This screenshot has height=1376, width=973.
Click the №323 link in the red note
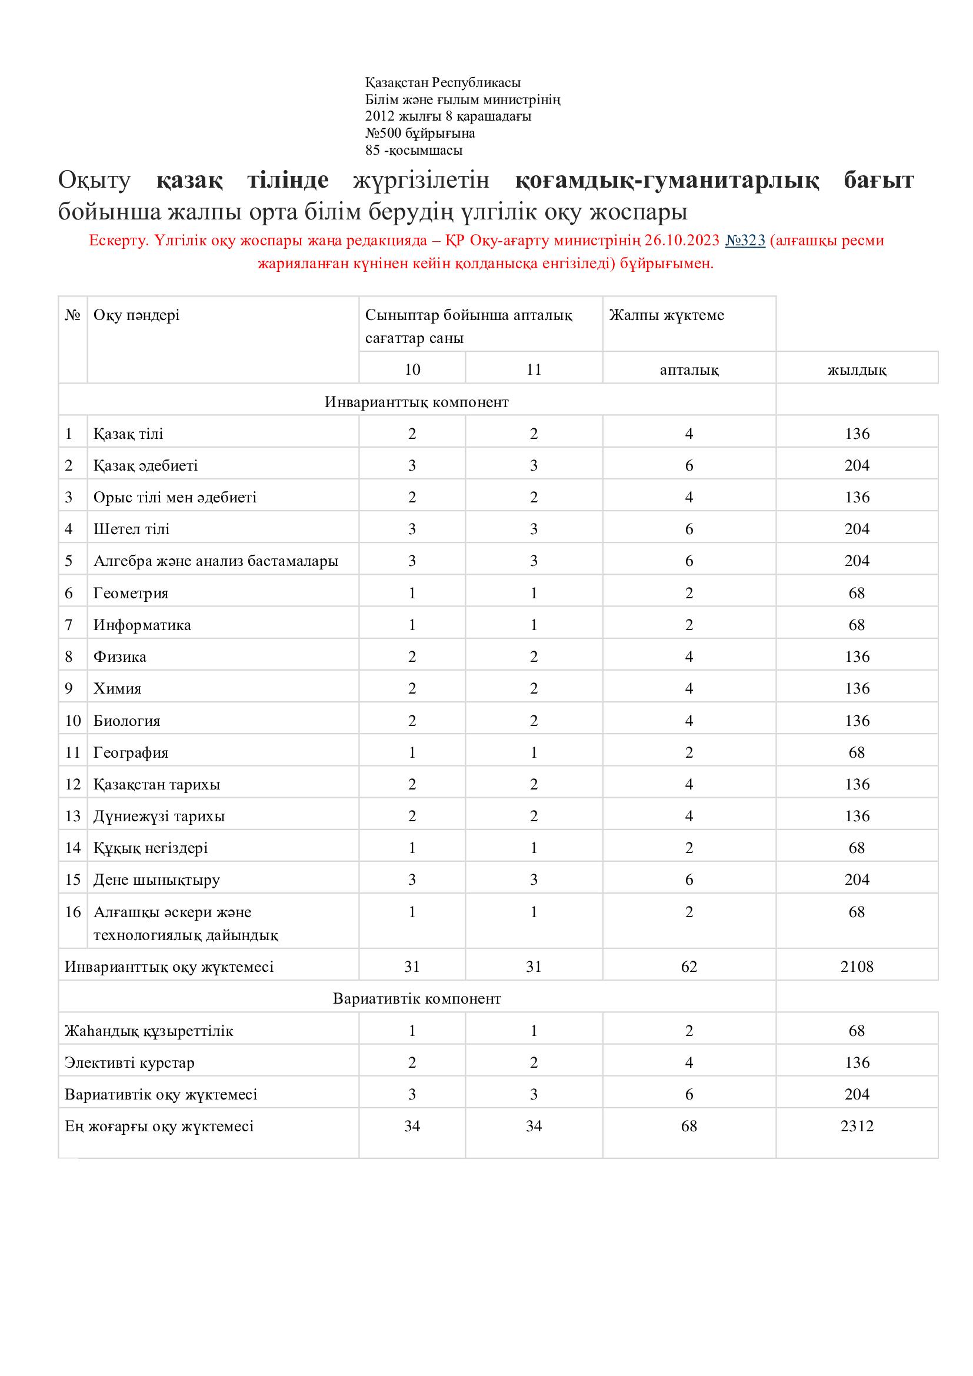point(745,241)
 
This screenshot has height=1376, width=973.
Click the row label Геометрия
point(131,594)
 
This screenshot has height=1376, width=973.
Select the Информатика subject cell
point(142,625)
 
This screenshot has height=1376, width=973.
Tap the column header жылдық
point(857,370)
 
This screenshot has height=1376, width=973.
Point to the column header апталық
point(689,370)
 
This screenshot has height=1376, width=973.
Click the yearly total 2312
point(857,1126)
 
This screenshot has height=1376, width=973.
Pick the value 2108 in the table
point(857,967)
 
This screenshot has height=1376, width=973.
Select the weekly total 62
point(689,967)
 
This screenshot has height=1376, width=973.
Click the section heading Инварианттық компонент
point(416,402)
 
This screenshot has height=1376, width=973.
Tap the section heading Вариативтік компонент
point(416,999)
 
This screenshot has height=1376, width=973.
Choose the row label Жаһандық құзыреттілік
point(149,1031)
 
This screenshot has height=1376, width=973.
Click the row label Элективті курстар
point(129,1062)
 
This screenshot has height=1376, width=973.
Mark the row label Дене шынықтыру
point(156,879)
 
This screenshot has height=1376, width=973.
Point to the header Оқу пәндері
point(136,315)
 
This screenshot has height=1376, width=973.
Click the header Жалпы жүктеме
point(667,315)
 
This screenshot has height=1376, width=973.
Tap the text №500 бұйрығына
point(420,133)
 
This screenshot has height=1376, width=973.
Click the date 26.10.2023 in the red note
point(681,241)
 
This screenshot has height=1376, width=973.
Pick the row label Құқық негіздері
point(151,848)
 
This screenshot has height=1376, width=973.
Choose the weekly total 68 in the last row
point(689,1126)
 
